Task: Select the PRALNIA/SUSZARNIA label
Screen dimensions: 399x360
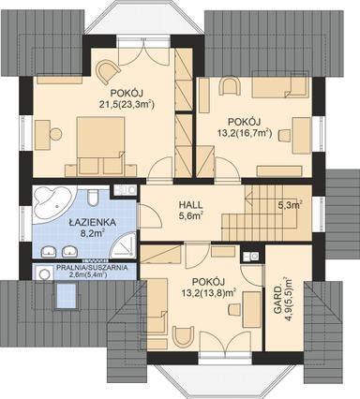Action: pos(85,267)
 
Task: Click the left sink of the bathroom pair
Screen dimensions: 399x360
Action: pos(50,251)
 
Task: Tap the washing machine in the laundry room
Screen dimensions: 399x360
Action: pos(42,272)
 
